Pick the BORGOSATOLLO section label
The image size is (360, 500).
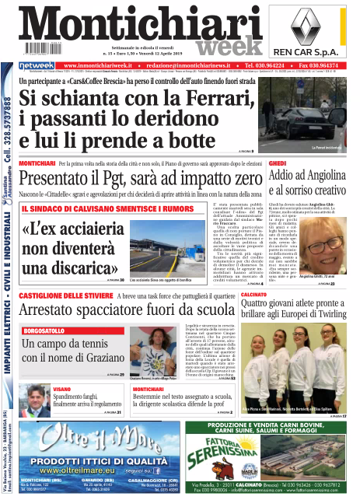click(48, 330)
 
